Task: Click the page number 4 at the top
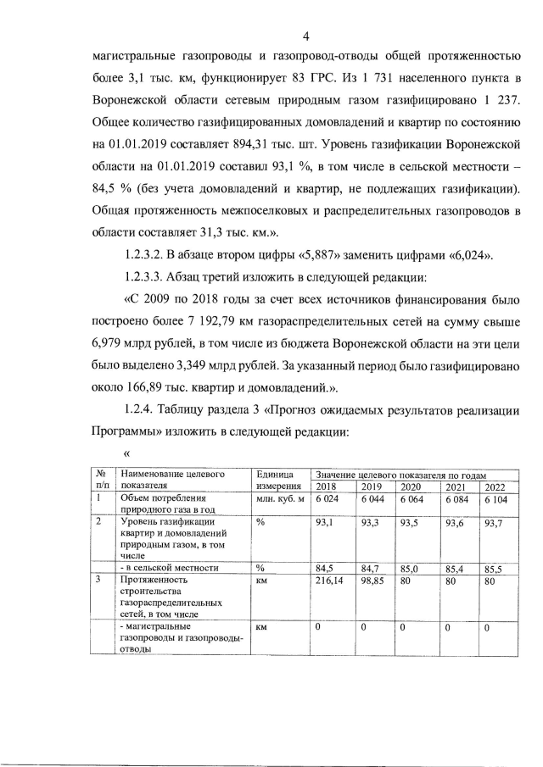[x=305, y=35]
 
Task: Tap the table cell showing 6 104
[x=495, y=499]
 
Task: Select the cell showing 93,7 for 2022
[x=493, y=523]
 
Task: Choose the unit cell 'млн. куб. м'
[x=280, y=499]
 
